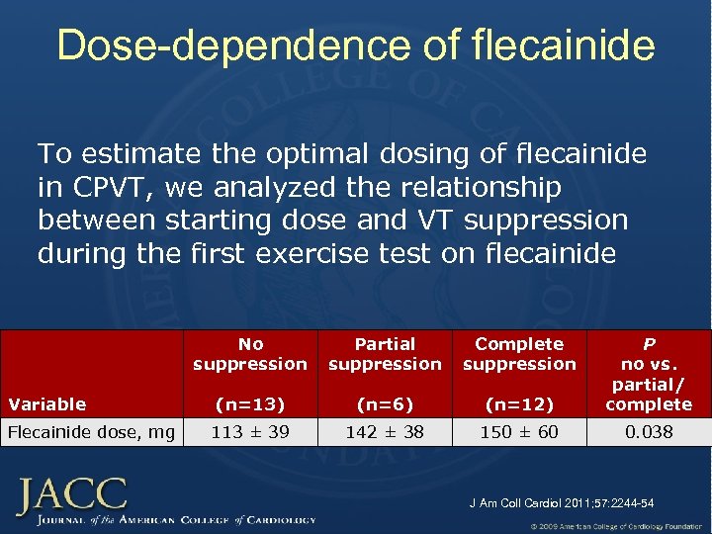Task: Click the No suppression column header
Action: click(250, 354)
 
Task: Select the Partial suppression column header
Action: click(385, 354)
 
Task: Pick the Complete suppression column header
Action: click(519, 354)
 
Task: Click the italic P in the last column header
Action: click(649, 344)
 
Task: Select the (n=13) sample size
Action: click(250, 403)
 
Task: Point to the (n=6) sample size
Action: click(385, 403)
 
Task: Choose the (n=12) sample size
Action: click(519, 403)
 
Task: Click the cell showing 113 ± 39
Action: click(250, 431)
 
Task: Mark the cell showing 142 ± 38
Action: click(385, 431)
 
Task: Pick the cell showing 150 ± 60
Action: click(519, 431)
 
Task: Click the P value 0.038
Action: click(649, 431)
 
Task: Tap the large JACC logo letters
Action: click(71, 493)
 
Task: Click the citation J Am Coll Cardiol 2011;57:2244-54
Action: click(561, 503)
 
